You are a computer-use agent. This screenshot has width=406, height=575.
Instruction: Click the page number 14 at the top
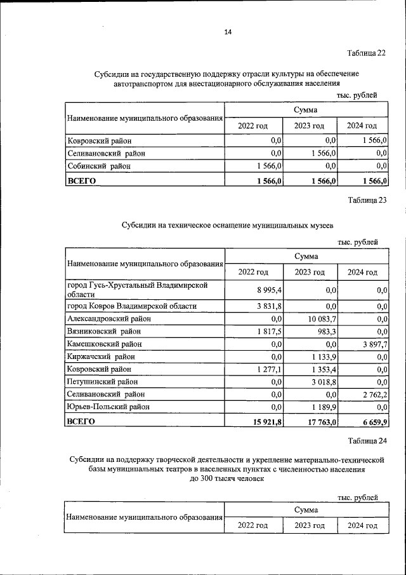coord(228,32)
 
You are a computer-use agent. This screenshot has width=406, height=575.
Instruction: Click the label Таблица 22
coord(366,53)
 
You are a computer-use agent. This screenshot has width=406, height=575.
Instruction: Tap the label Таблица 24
coord(366,440)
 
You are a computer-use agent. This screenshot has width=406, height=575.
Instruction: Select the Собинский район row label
coord(100,166)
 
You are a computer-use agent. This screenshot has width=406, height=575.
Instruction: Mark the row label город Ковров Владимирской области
coord(132,306)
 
